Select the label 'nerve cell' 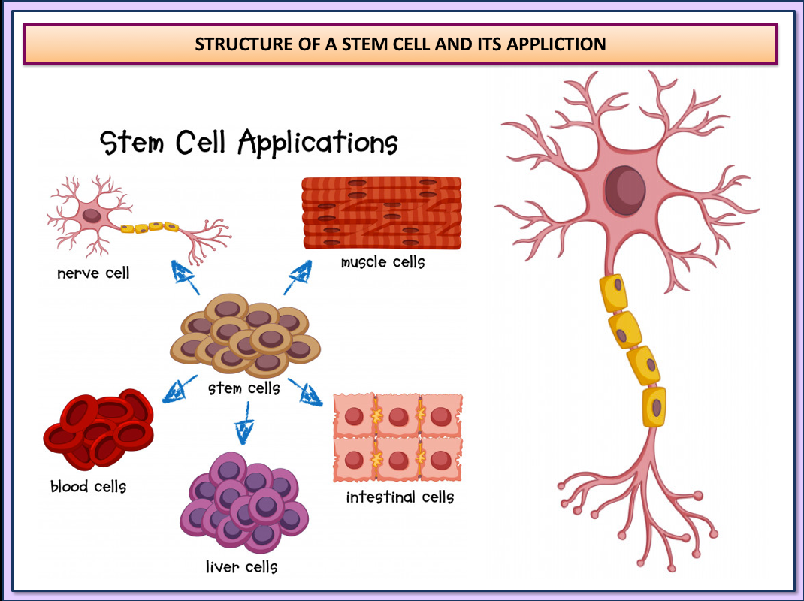(x=93, y=273)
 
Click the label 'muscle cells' (x=382, y=262)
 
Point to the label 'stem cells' (x=244, y=388)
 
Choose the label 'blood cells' (x=89, y=486)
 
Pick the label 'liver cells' (x=241, y=566)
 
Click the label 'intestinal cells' (x=400, y=497)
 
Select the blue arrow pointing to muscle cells (x=298, y=278)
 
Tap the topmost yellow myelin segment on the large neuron (x=612, y=293)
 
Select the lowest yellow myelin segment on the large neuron (x=654, y=406)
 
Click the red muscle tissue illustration (x=381, y=213)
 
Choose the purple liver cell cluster (x=244, y=502)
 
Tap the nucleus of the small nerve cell (x=92, y=215)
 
